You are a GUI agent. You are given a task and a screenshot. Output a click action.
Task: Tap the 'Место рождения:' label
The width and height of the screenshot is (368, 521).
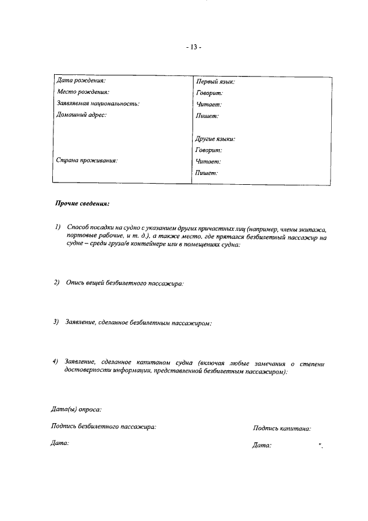point(83,92)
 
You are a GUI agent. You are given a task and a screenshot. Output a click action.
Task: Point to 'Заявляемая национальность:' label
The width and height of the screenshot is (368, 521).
point(98,104)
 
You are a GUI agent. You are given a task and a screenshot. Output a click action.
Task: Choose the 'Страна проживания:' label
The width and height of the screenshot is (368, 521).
point(87,161)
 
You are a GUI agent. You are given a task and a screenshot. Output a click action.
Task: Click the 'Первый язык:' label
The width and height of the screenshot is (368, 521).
point(216,82)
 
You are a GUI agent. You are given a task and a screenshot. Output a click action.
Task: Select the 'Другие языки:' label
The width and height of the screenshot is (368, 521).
point(216,139)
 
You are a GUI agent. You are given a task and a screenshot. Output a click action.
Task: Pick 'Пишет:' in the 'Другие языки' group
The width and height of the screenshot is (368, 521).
point(207,173)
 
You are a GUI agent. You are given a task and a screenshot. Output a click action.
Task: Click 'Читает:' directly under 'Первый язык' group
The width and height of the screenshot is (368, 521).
point(208,104)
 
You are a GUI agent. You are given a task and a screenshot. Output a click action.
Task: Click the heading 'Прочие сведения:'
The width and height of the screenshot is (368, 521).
point(82,204)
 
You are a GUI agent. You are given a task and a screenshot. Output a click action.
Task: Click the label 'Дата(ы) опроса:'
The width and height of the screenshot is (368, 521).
point(76,409)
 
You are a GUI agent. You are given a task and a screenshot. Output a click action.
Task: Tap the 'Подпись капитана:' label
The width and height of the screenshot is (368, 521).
point(282,428)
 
